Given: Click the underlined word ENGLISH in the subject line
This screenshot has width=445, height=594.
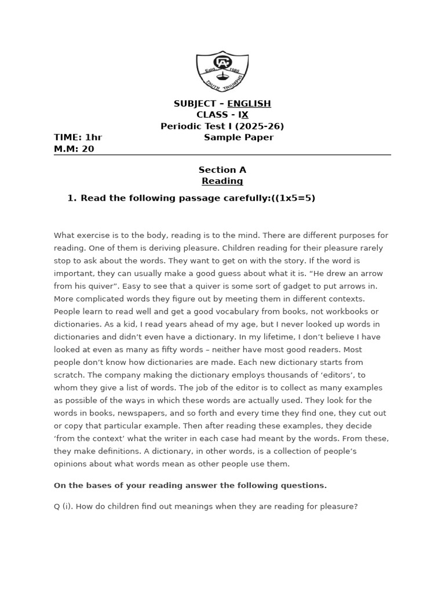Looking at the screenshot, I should pyautogui.click(x=249, y=104).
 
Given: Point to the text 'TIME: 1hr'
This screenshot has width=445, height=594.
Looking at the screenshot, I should pyautogui.click(x=78, y=137).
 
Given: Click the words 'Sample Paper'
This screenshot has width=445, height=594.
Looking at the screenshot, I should pyautogui.click(x=239, y=137).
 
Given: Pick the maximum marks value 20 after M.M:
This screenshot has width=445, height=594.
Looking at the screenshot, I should pyautogui.click(x=88, y=149).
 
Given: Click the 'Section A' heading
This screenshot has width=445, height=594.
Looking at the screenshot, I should pyautogui.click(x=222, y=170).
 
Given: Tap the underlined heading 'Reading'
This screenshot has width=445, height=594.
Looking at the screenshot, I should pyautogui.click(x=222, y=181).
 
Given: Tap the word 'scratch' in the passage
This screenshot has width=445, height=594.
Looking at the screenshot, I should pyautogui.click(x=70, y=375).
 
